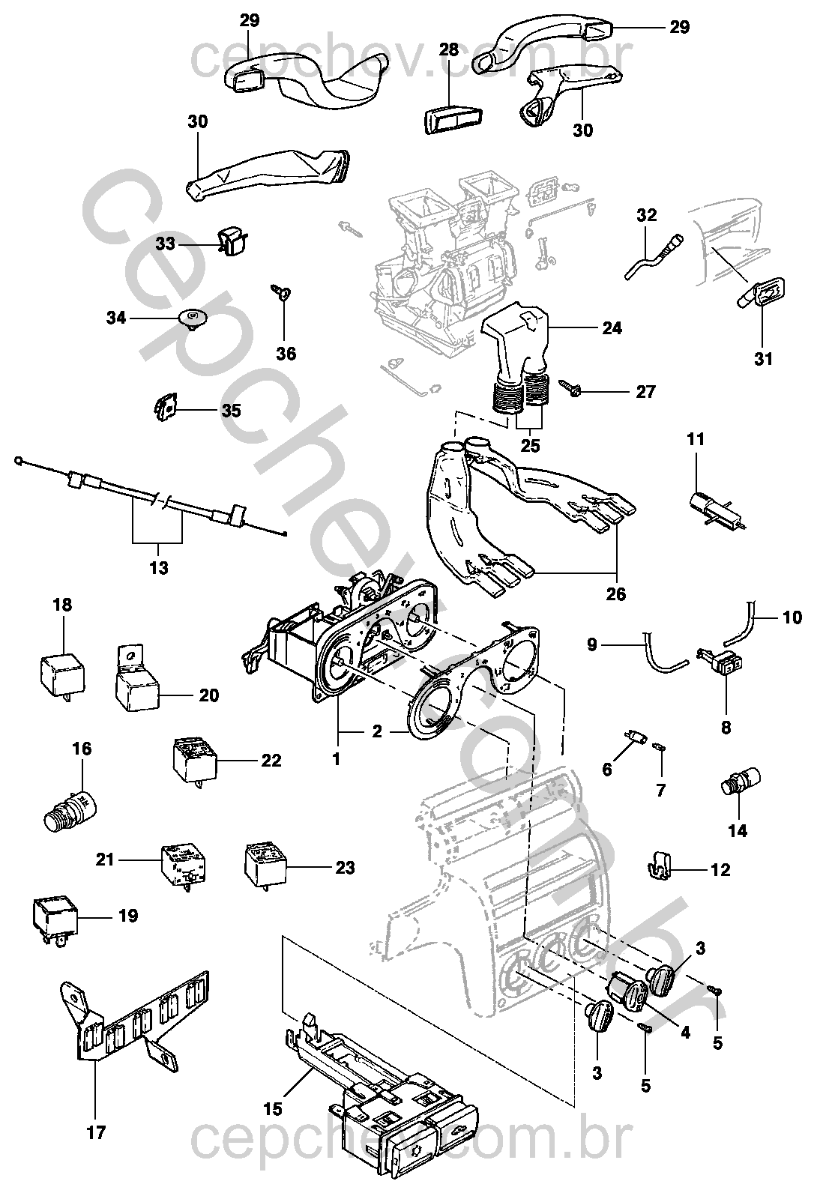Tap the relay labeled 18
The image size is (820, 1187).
62,672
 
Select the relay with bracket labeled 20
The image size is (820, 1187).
137,686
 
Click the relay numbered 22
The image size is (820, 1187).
193,759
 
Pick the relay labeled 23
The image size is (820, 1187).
268,866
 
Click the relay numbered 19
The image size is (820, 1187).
52,915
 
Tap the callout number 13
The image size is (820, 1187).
158,567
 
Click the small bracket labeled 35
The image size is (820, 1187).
166,408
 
